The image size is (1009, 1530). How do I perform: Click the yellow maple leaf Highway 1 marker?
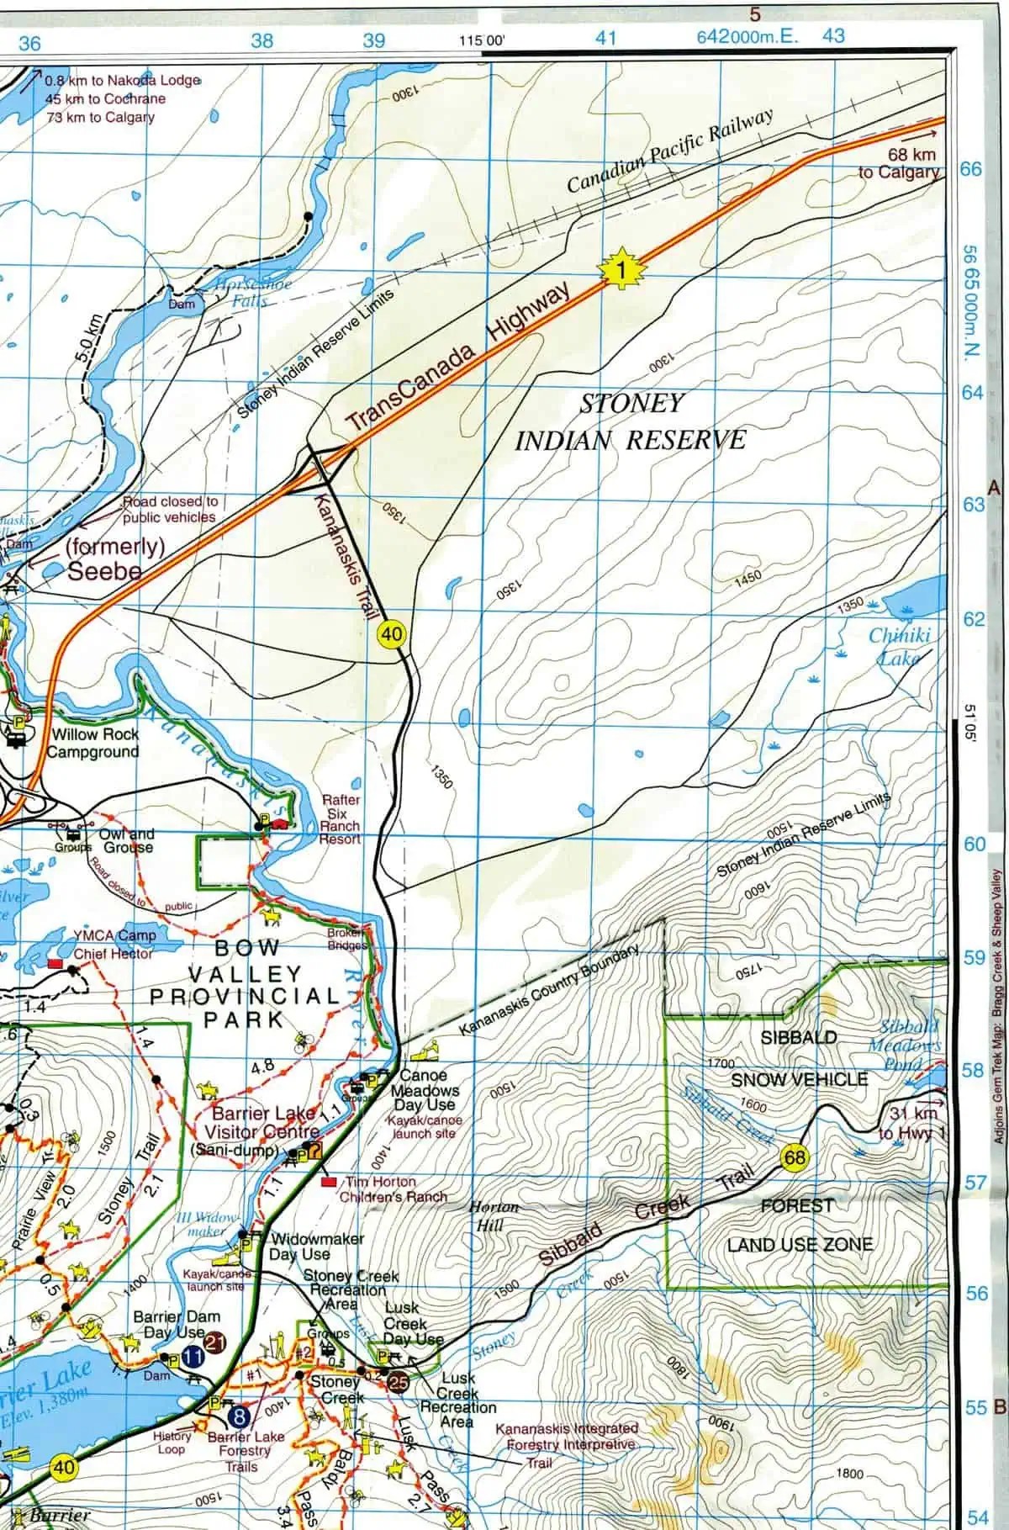pyautogui.click(x=618, y=269)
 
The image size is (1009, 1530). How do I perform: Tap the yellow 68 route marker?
pyautogui.click(x=794, y=1158)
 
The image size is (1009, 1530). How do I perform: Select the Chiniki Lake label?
pyautogui.click(x=899, y=645)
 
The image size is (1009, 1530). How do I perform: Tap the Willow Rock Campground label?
pyautogui.click(x=93, y=743)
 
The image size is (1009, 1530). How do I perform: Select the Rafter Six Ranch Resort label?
pyautogui.click(x=340, y=819)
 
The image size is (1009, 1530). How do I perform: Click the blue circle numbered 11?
pyautogui.click(x=193, y=1356)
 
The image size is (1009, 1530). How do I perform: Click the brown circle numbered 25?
pyautogui.click(x=399, y=1380)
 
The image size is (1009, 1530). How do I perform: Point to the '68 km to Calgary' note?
pyautogui.click(x=899, y=163)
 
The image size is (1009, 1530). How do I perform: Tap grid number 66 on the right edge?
pyautogui.click(x=971, y=169)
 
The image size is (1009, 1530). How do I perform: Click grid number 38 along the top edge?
pyautogui.click(x=262, y=40)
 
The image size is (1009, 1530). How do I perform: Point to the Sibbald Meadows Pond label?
pyautogui.click(x=905, y=1045)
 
